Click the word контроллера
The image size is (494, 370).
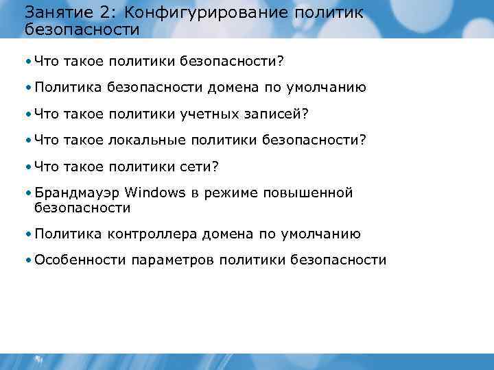coord(151,234)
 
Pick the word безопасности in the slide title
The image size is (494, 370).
coord(82,30)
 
